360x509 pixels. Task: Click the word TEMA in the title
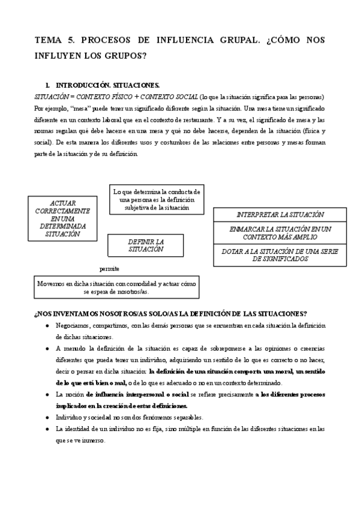coord(48,41)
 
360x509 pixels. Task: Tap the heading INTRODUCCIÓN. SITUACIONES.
coord(107,86)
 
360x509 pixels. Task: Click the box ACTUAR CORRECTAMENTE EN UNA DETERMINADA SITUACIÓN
coord(62,218)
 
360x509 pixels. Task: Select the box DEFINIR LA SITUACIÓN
coord(145,245)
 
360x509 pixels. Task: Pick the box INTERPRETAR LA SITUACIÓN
coord(280,214)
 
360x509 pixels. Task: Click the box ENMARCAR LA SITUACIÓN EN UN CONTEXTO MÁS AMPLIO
coord(280,233)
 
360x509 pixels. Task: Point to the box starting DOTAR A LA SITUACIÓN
coord(280,255)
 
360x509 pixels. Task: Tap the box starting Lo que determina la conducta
coord(157,199)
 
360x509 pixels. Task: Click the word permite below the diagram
coord(109,268)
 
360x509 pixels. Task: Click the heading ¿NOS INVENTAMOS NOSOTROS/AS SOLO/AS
coord(171,314)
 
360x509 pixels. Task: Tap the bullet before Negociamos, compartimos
coord(47,326)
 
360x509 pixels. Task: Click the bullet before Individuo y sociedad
coord(47,417)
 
